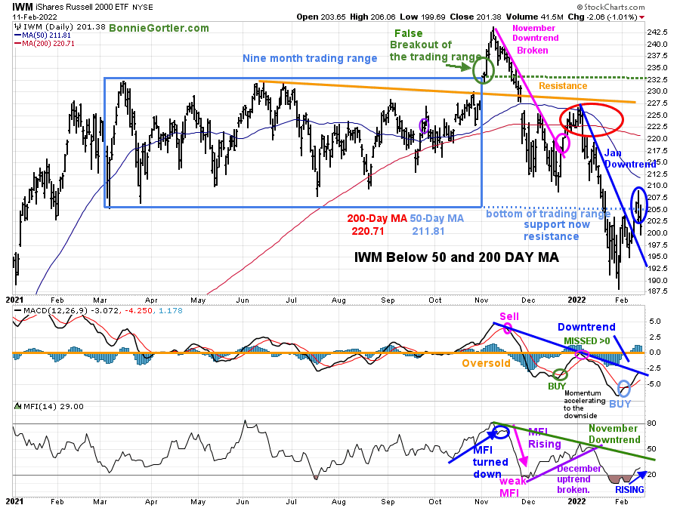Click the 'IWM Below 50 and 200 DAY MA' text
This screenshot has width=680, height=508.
point(456,257)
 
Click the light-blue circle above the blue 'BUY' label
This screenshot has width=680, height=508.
point(624,388)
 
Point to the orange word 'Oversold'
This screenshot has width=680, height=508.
point(486,362)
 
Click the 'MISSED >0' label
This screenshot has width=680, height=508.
point(589,341)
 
